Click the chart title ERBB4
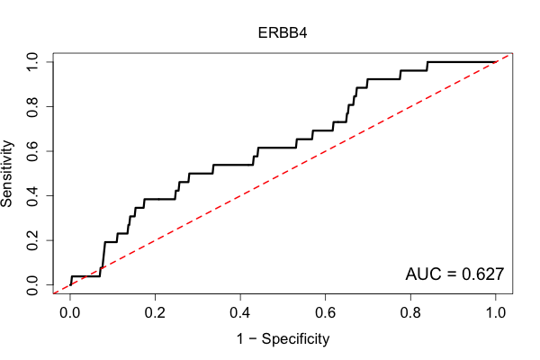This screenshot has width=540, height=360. pyautogui.click(x=283, y=33)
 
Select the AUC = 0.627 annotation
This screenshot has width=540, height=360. pyautogui.click(x=454, y=274)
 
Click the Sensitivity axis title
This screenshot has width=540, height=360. pyautogui.click(x=7, y=174)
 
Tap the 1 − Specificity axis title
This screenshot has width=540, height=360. pyautogui.click(x=283, y=339)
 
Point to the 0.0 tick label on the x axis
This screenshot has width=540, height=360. pyautogui.click(x=70, y=313)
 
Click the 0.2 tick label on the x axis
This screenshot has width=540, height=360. pyautogui.click(x=155, y=313)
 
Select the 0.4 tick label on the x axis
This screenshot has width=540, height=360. pyautogui.click(x=240, y=313)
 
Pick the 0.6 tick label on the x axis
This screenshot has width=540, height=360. pyautogui.click(x=325, y=313)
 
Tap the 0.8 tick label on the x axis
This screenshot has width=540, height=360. pyautogui.click(x=410, y=313)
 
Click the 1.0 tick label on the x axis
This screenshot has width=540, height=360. pyautogui.click(x=496, y=313)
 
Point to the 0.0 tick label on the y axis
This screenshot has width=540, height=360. pyautogui.click(x=32, y=285)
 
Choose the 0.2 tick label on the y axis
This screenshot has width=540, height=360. pyautogui.click(x=32, y=240)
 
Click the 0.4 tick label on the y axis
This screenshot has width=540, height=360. pyautogui.click(x=32, y=195)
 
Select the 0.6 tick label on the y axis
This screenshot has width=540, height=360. pyautogui.click(x=32, y=151)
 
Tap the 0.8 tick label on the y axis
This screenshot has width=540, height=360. pyautogui.click(x=32, y=107)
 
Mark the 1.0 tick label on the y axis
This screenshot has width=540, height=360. pyautogui.click(x=32, y=62)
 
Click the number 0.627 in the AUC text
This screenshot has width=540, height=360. pyautogui.click(x=482, y=274)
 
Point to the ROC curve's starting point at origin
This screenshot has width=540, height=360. pyautogui.click(x=70, y=285)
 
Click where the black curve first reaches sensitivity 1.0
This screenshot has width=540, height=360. pyautogui.click(x=427, y=62)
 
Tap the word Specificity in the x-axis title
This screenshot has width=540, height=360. pyautogui.click(x=295, y=339)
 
